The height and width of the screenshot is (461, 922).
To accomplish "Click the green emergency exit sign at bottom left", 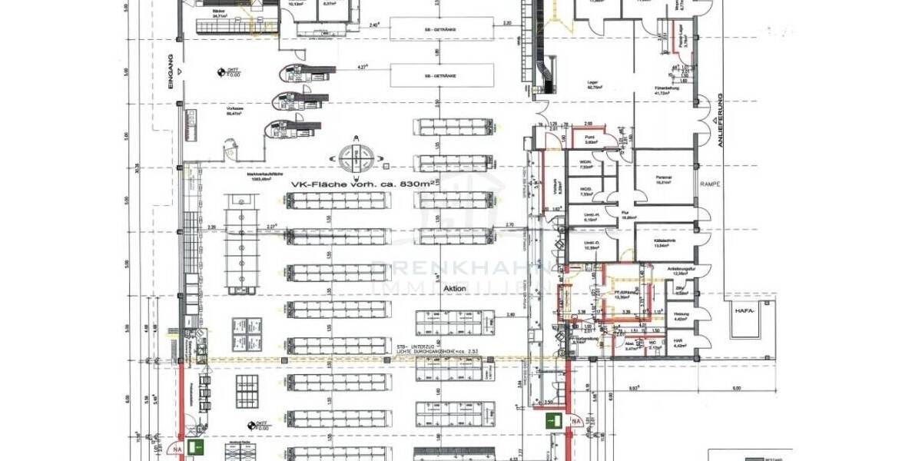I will pyautogui.click(x=200, y=446).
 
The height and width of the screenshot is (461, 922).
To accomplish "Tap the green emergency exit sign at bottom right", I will pyautogui.click(x=552, y=421).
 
